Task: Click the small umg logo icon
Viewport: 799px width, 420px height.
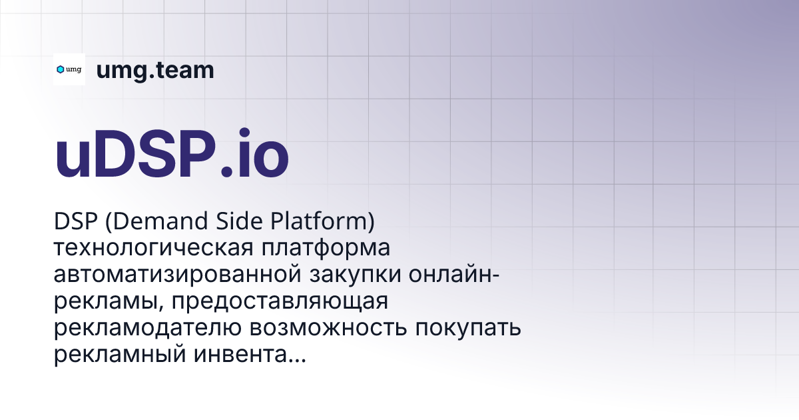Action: (x=69, y=69)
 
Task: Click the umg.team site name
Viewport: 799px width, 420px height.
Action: (x=155, y=70)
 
